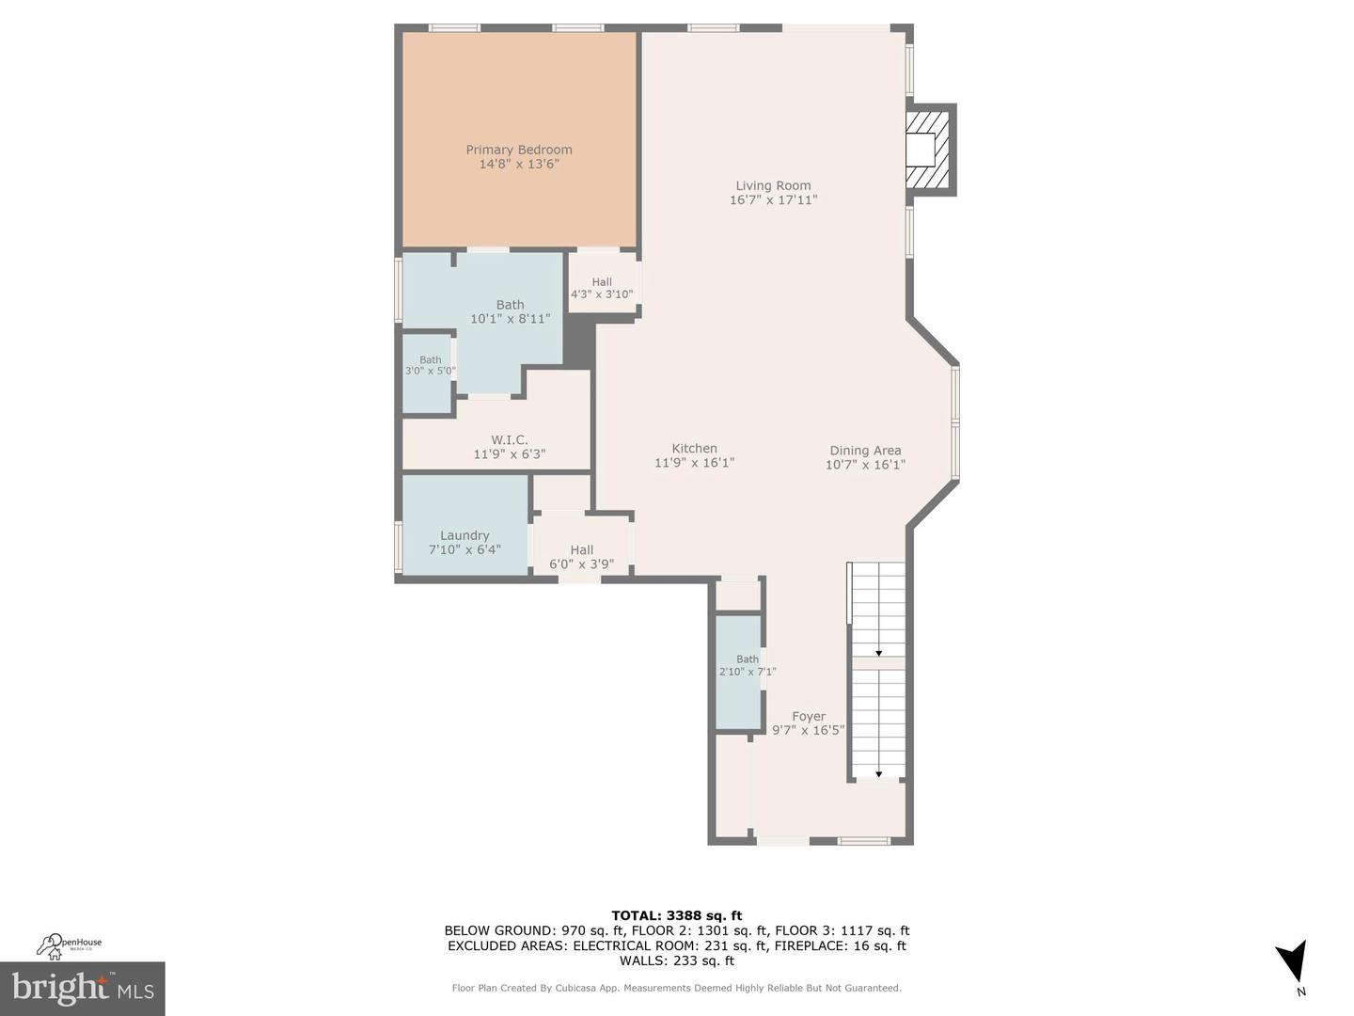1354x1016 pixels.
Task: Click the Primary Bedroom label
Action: (519, 150)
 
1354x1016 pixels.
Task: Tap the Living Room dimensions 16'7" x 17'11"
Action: (773, 200)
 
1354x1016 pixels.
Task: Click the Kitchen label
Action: (694, 449)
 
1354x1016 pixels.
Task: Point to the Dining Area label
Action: (865, 451)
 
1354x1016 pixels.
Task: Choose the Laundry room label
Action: (464, 535)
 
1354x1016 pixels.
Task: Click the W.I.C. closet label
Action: (509, 440)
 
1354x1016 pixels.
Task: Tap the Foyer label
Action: (808, 716)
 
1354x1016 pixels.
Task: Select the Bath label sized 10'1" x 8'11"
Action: (510, 305)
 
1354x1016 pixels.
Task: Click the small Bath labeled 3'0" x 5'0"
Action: (430, 365)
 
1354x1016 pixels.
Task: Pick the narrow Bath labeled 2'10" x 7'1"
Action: (747, 665)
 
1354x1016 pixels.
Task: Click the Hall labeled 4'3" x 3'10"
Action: (602, 288)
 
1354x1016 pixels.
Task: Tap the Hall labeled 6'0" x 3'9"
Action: (581, 557)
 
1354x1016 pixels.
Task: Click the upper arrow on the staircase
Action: (878, 653)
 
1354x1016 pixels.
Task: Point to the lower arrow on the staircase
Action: (878, 774)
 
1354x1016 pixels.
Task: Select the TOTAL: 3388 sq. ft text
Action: (676, 915)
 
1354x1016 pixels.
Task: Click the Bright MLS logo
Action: (83, 989)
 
